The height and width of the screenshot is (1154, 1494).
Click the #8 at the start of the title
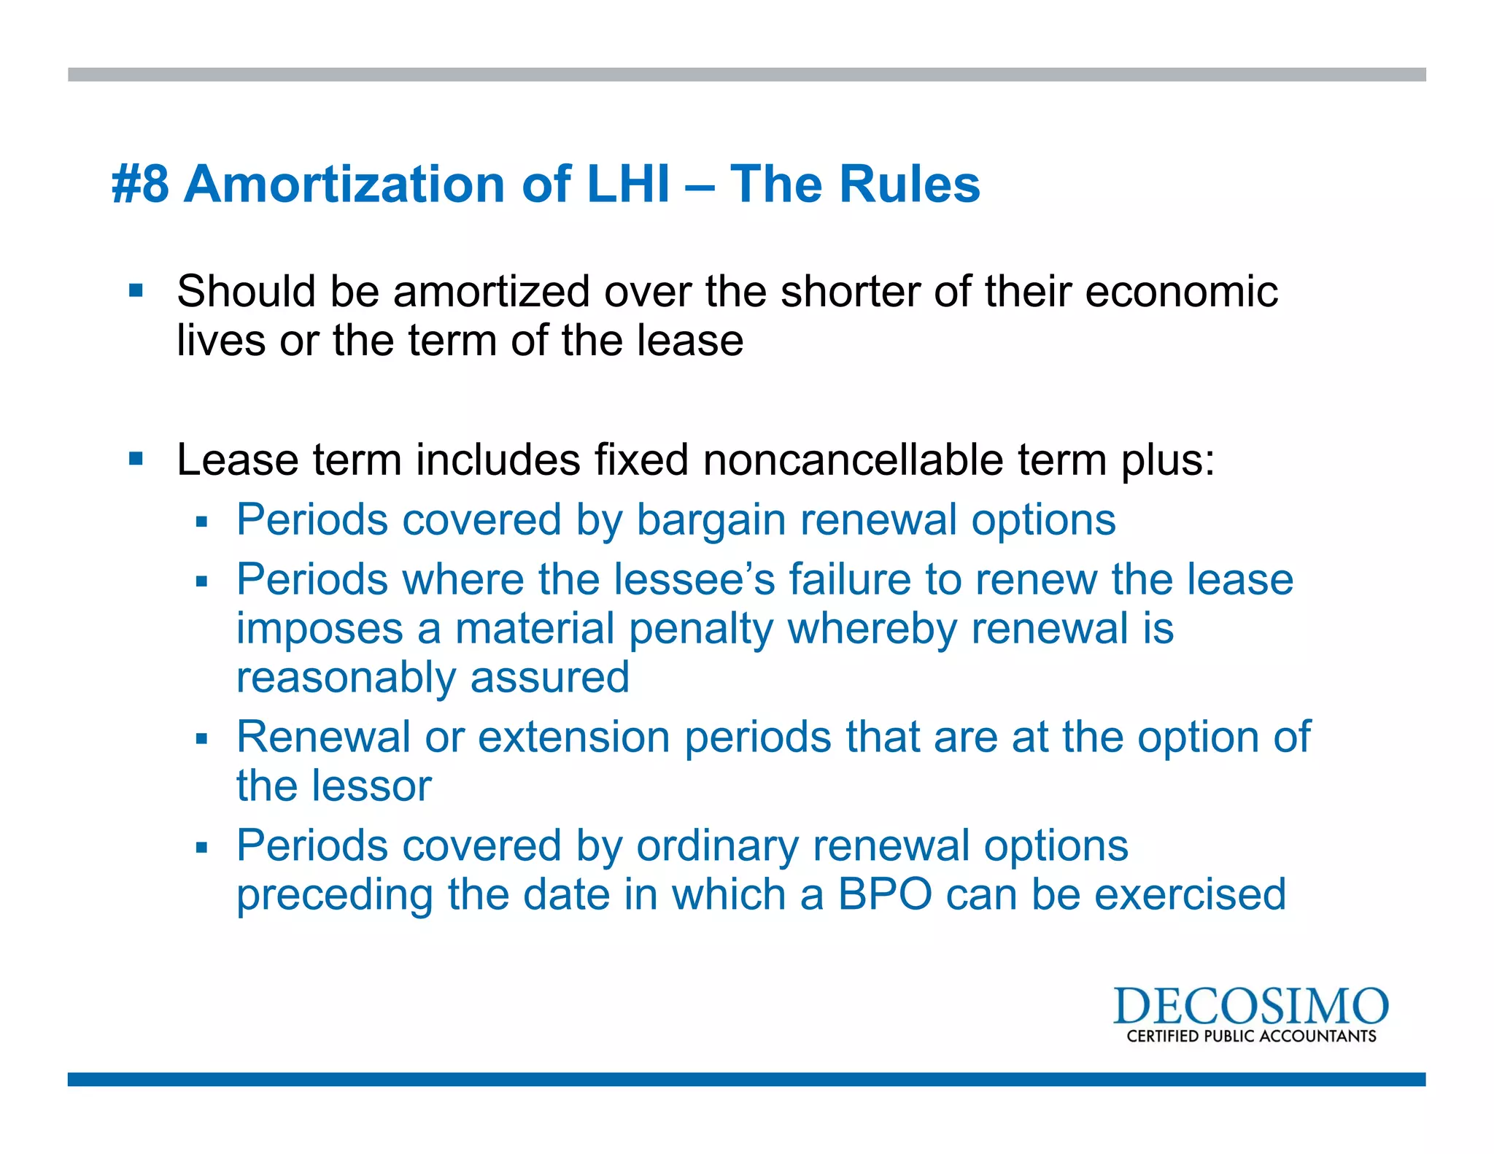140,184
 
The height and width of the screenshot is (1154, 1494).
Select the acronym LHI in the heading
628,184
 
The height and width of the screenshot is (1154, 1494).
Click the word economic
1181,292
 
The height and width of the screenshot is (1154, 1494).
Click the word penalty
700,630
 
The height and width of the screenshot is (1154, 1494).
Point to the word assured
549,678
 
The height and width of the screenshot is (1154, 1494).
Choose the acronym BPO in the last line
885,895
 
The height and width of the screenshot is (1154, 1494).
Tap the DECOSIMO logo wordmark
1250,1007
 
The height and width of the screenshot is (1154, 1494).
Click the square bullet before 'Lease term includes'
136,459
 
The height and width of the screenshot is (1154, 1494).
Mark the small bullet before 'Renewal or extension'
202,739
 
